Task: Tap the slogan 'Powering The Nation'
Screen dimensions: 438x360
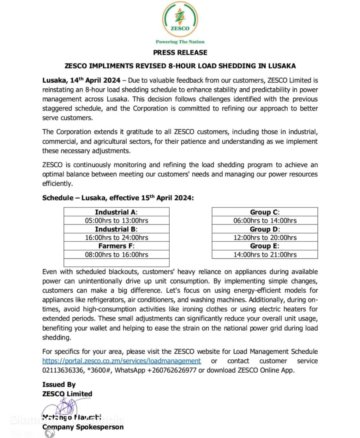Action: [x=180, y=42]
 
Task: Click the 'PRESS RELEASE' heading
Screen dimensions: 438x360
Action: [x=180, y=52]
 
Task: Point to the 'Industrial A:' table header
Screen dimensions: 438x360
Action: [x=116, y=212]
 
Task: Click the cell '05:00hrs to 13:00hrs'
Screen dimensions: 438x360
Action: [x=116, y=221]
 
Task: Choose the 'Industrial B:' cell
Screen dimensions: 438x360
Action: [x=116, y=229]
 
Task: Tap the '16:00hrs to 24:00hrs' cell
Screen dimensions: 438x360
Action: [x=116, y=238]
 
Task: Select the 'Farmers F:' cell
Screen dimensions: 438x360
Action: [x=116, y=246]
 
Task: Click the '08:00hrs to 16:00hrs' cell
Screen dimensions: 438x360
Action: [x=116, y=254]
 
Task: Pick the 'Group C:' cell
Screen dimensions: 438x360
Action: [x=265, y=212]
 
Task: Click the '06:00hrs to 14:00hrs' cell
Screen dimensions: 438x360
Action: [x=265, y=221]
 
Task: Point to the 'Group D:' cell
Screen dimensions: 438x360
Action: [x=265, y=229]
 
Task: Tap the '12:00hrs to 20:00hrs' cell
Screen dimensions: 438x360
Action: [x=265, y=238]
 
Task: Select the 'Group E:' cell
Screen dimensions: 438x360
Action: [x=265, y=246]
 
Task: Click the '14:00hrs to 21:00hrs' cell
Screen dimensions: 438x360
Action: [x=265, y=254]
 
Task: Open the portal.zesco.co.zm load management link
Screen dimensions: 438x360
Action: [x=121, y=361]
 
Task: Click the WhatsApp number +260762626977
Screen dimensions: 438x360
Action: [x=172, y=370]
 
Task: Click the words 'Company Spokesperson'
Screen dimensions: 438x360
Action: [x=83, y=427]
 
